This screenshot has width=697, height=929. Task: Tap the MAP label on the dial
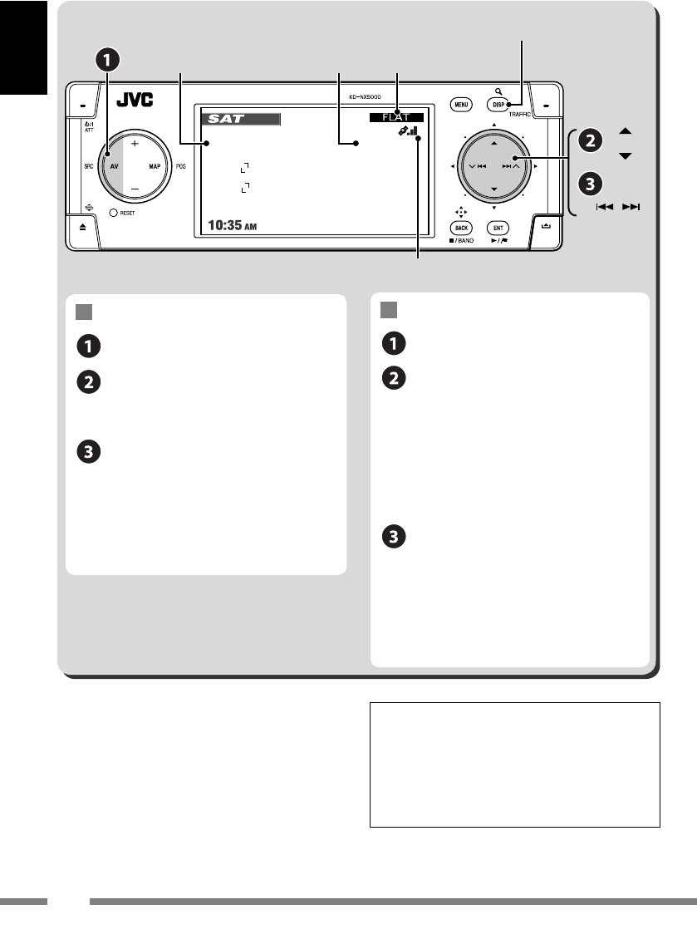pos(154,166)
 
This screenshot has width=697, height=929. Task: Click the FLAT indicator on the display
pos(396,118)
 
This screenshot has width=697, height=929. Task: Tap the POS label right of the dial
pos(181,166)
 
